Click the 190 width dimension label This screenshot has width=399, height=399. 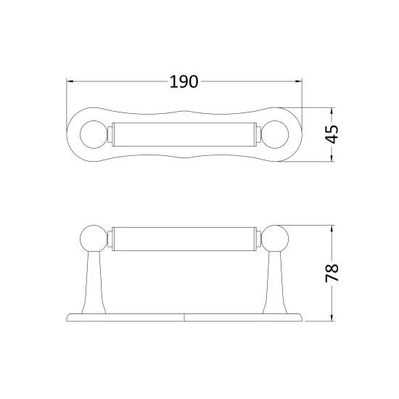(x=184, y=82)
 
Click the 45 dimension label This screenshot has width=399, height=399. (x=332, y=134)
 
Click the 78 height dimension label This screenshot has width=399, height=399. (x=332, y=273)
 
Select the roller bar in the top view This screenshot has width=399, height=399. (x=184, y=135)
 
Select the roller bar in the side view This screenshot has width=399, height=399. (x=184, y=239)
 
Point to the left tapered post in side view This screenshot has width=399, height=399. (x=94, y=282)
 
